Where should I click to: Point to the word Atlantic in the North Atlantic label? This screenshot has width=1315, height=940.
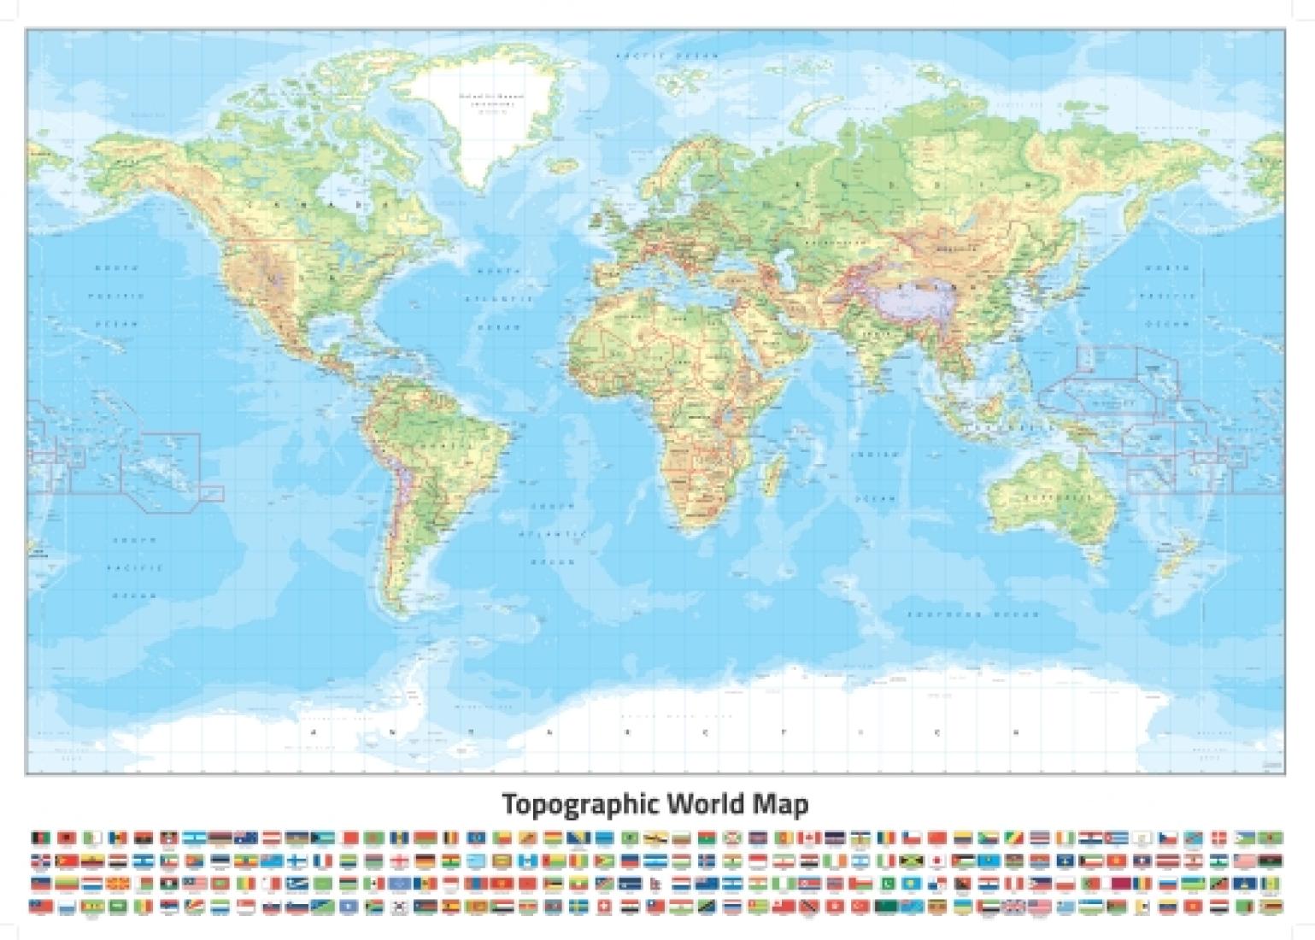[x=498, y=300]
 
